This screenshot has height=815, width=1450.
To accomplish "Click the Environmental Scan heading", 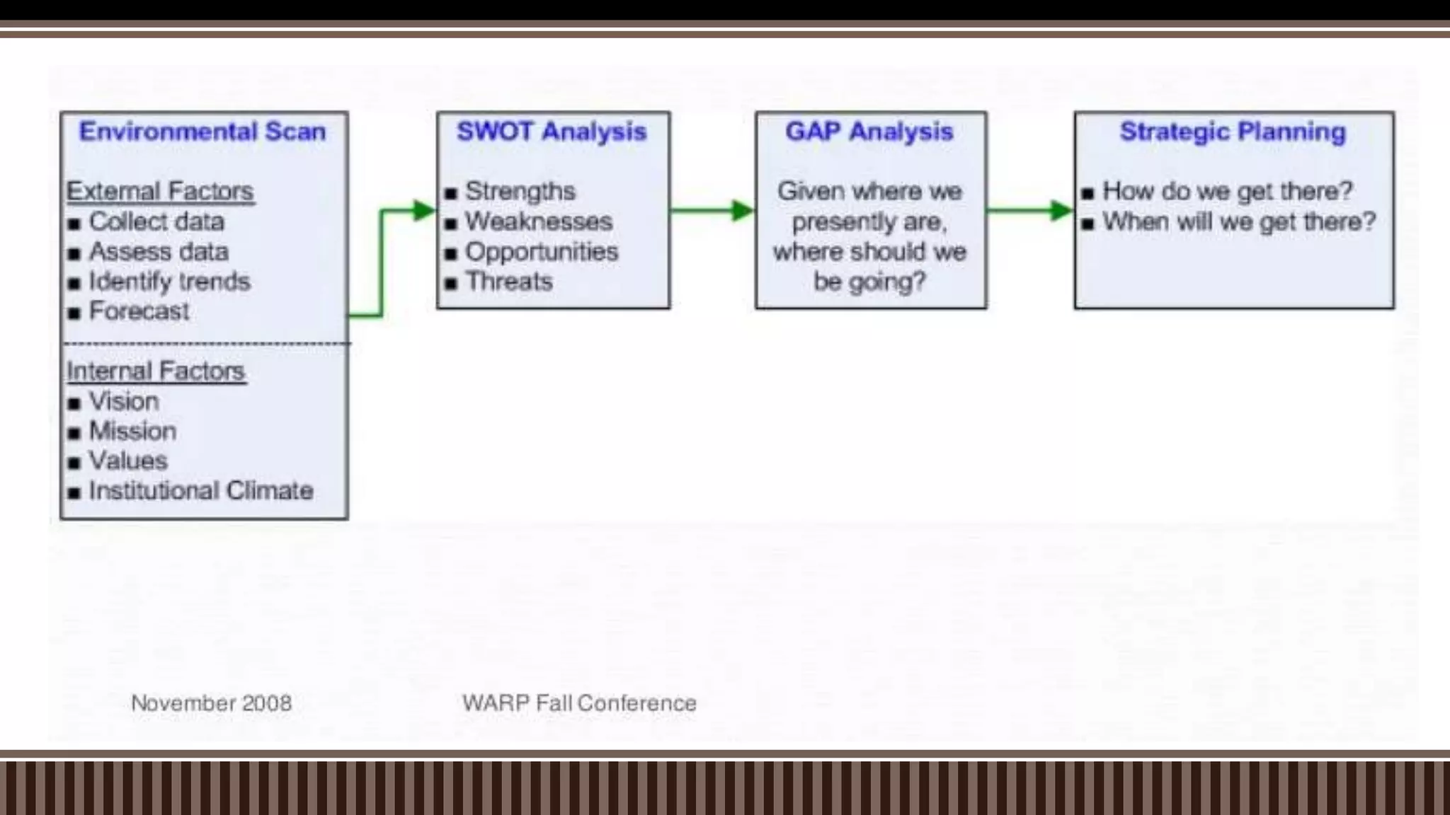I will pos(202,132).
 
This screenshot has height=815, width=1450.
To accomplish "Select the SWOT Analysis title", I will pos(552,132).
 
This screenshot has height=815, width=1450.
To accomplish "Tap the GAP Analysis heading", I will pos(869,132).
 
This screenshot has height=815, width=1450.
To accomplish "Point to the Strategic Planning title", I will pos(1233,132).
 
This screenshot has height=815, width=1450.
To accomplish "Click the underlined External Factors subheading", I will pos(160,191).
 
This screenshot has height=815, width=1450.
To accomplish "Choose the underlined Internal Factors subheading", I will pos(156,371).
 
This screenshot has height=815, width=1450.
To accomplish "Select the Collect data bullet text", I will pos(156,221).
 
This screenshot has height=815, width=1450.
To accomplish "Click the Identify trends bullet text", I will pos(169,282).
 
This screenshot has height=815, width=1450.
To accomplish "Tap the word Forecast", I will pos(139,311).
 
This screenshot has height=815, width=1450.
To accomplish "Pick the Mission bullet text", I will pos(132,431).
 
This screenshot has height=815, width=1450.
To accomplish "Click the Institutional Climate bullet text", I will pos(201,490).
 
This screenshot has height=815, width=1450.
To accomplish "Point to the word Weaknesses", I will pos(538,221).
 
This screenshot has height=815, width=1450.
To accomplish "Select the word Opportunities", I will pos(542,252).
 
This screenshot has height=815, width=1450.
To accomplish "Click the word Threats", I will pos(508,282).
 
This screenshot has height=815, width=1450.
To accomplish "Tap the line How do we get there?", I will pos(1227,191).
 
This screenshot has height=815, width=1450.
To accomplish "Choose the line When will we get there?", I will pos(1239,221).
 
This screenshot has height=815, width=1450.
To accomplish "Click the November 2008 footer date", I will pos(211,703).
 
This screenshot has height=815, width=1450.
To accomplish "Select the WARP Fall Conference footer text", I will pos(579,703).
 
